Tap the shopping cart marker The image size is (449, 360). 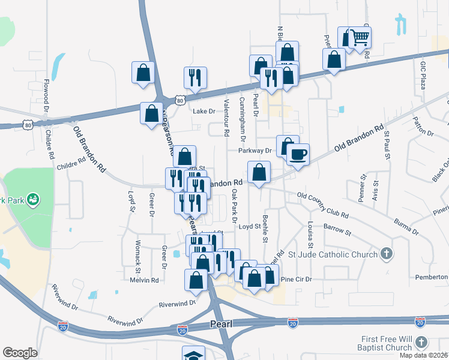tap(360, 38)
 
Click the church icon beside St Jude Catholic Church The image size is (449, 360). tap(387, 254)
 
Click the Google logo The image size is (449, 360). tap(20, 353)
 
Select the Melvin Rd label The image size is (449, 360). tap(144, 280)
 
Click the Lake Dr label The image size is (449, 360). tap(203, 111)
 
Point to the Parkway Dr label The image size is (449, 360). tap(255, 151)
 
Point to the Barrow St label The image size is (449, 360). tap(336, 229)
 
